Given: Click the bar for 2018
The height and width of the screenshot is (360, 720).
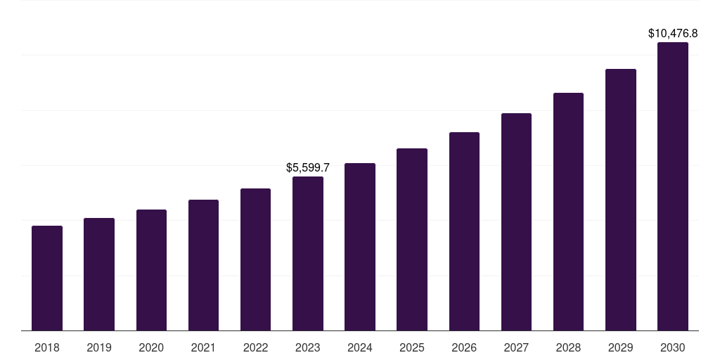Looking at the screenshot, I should pos(47,278).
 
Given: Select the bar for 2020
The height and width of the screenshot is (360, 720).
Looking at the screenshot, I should pos(151,270).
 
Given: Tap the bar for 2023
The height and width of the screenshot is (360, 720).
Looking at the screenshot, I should pos(308,253).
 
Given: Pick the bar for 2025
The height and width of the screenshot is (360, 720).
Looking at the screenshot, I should pos(412,239).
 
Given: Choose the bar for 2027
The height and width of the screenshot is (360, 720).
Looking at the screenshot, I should pos(516,221).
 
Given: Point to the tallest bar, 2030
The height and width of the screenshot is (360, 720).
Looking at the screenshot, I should pos(672,186).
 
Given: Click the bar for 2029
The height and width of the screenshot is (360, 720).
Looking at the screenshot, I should pos(620,200).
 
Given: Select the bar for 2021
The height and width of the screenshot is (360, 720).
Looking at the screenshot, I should pos(203,265).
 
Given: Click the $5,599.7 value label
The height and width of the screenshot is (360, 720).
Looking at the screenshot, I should pos(308,168).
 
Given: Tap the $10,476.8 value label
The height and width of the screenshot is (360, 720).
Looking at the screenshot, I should pos(672,33).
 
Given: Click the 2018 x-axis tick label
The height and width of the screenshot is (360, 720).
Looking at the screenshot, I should pos(47,347).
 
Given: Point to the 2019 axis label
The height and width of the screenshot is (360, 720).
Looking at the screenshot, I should pos(99,347).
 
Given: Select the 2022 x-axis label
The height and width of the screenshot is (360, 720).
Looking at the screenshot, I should pos(255,347).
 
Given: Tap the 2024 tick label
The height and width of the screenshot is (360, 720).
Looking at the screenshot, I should pos(360,347).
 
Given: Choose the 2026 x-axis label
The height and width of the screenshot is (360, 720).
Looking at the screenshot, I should pos(464,347).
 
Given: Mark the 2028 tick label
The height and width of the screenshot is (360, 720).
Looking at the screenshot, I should pos(568,347).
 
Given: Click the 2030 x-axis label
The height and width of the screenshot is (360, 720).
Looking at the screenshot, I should pos(672,347).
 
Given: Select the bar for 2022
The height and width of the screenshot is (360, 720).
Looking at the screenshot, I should pos(255,259).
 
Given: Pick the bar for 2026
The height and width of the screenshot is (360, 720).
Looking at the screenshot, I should pos(464,231).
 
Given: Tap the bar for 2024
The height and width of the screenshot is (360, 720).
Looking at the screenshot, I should pos(360,247).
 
